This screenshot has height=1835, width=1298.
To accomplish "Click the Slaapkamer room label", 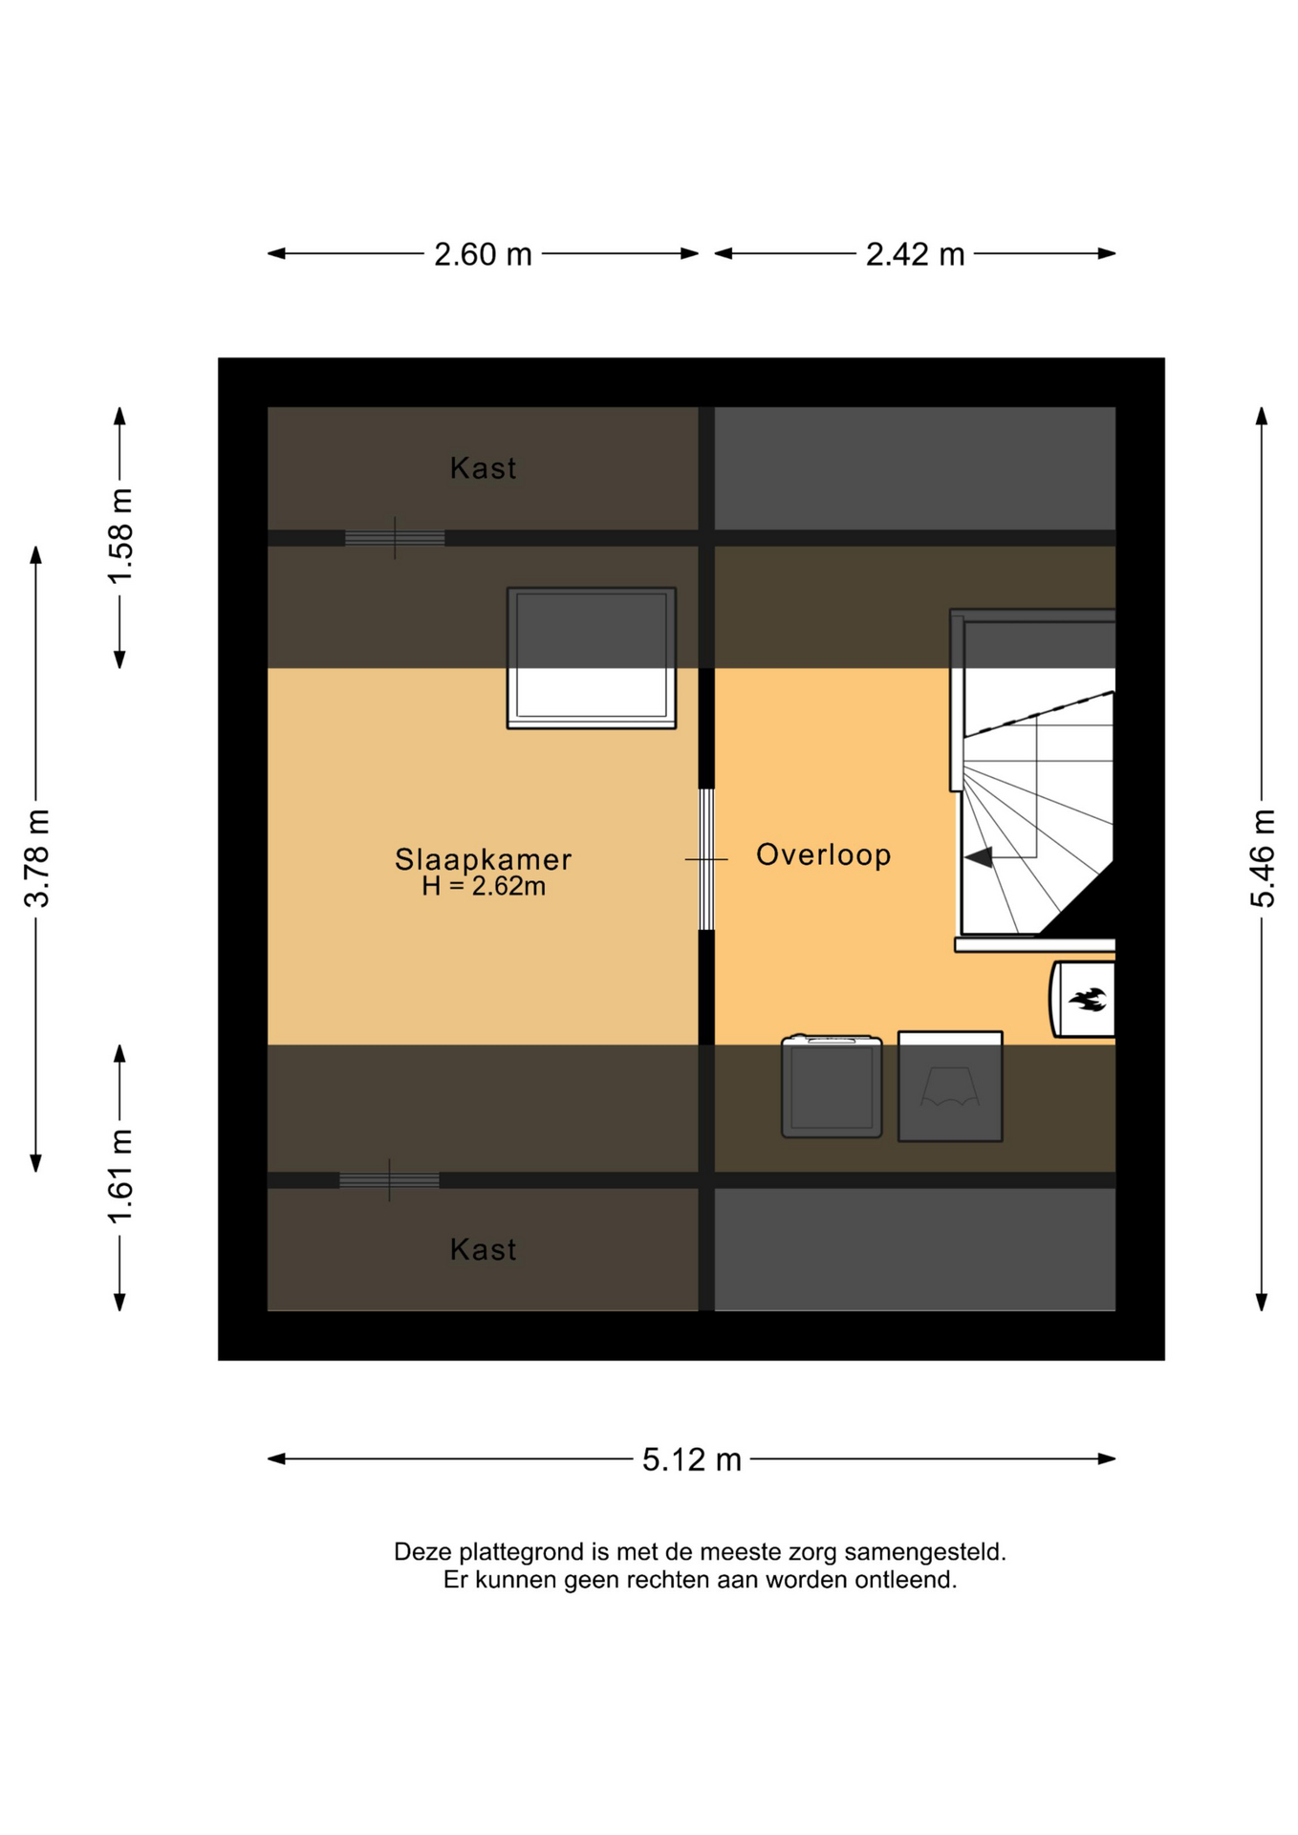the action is (483, 859).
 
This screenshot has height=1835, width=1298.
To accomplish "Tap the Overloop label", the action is (823, 854).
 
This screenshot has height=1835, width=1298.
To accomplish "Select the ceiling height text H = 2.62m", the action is (484, 887).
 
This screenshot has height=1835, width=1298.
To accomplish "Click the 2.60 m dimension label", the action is (483, 254).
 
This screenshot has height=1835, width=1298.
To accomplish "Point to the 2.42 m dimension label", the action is (915, 254).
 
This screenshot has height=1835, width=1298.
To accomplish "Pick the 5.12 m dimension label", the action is (691, 1459).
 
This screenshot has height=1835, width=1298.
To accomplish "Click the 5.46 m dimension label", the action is (1263, 858).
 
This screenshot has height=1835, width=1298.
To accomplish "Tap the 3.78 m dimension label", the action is (37, 858).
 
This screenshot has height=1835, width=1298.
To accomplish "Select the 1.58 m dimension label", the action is (120, 536).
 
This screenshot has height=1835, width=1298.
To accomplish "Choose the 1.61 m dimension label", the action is (120, 1177).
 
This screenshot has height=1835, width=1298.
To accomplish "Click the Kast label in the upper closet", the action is (483, 468).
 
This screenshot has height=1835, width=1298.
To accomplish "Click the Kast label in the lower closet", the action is (483, 1249).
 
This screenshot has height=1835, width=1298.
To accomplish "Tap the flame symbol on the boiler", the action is (1088, 1000).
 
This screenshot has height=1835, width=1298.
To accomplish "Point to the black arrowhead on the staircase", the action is (979, 857).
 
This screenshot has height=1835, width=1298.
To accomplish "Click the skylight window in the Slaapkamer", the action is (592, 658).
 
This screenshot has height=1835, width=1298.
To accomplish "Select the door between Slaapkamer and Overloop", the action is (706, 859).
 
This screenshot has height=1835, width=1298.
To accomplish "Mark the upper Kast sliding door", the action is (395, 538).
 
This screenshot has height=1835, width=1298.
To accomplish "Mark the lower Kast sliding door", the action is (389, 1180).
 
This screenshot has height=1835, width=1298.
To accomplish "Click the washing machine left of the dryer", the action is (832, 1086).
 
